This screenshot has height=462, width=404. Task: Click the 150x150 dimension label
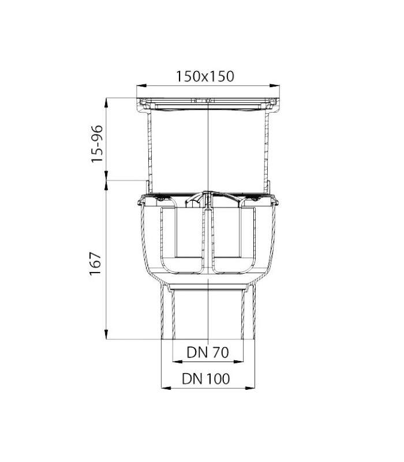click(205, 76)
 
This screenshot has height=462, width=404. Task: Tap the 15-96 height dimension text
click(97, 144)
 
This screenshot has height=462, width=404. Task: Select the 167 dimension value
click(96, 263)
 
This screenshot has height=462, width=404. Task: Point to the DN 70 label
click(208, 352)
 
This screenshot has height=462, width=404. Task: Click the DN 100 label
click(206, 379)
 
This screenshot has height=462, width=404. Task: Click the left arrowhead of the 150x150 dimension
click(141, 85)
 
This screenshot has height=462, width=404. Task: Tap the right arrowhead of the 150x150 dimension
click(275, 85)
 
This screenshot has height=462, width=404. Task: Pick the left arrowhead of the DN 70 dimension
click(178, 362)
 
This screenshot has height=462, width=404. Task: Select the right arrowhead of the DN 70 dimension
click(238, 362)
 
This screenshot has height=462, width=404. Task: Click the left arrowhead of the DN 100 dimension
click(166, 388)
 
